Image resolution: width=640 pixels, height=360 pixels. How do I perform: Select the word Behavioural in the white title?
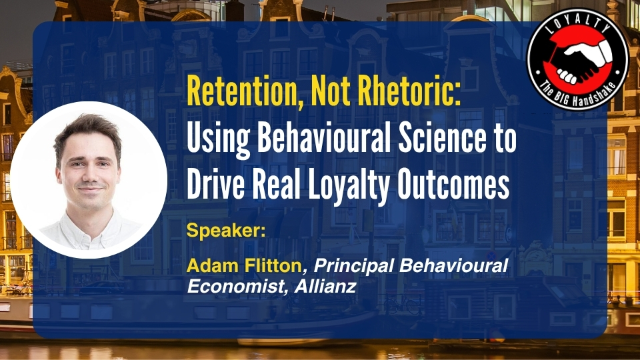[325, 137]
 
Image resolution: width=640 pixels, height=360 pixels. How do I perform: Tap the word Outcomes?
[453, 184]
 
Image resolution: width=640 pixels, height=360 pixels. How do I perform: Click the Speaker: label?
[226, 231]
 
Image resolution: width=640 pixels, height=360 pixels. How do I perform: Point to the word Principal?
[353, 266]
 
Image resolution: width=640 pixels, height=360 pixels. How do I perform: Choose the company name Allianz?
[325, 286]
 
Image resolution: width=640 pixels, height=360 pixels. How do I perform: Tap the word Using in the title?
[219, 139]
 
